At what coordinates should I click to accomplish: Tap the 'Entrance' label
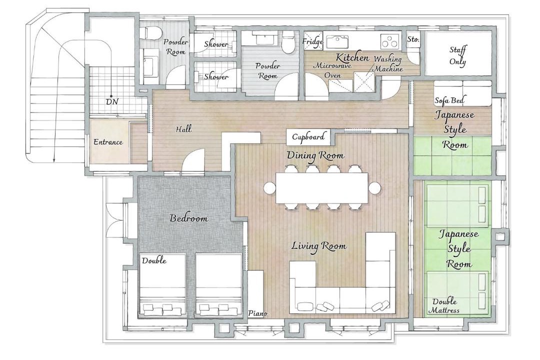tap(108, 142)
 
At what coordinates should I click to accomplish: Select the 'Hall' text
tap(183, 129)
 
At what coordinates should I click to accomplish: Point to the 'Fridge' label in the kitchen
tap(312, 41)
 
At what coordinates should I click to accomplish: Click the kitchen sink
tap(337, 41)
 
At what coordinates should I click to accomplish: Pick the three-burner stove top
tap(391, 41)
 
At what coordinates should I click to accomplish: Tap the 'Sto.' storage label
tap(413, 39)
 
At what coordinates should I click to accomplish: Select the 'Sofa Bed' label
tap(449, 100)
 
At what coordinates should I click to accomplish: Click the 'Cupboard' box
tap(308, 137)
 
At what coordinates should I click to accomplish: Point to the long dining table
tap(322, 188)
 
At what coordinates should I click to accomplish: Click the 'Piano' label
tap(258, 313)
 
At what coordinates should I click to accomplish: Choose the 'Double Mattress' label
tap(444, 305)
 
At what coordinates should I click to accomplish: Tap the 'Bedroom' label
tap(189, 218)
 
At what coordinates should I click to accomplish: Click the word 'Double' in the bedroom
tap(154, 260)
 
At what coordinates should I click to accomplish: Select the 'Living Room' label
tap(319, 246)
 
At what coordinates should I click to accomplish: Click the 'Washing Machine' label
tap(388, 63)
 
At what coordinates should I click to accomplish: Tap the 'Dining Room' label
tap(315, 155)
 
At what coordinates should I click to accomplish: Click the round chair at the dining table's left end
tap(269, 188)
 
